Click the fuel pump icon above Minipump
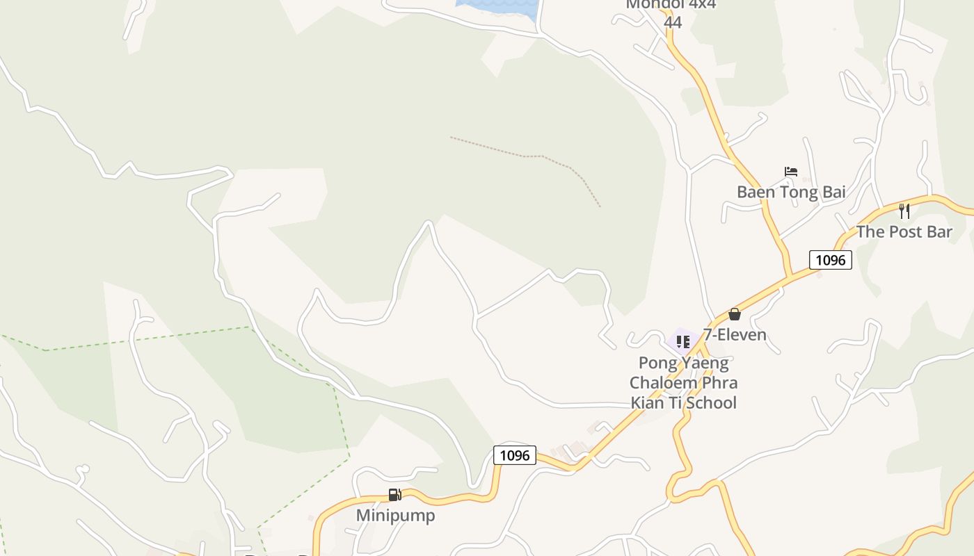(395, 495)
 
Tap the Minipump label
(395, 516)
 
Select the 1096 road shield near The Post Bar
(830, 260)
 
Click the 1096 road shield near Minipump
(515, 455)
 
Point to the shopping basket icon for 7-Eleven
(734, 314)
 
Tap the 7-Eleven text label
(735, 335)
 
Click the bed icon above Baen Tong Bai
(790, 172)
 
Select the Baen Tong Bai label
(791, 192)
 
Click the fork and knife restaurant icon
(904, 211)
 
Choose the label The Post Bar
(904, 232)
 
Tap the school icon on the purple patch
(682, 341)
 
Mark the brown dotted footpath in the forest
(529, 156)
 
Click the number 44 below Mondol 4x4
(672, 22)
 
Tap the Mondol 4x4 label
(671, 5)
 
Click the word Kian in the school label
(648, 402)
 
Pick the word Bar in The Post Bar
(939, 232)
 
